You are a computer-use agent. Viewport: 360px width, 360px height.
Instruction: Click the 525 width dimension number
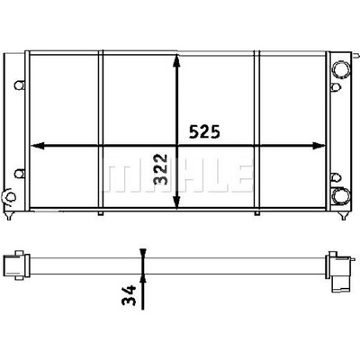(204, 131)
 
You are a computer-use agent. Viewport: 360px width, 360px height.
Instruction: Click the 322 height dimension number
(160, 169)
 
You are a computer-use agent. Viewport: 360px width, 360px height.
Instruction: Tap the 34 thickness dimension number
(129, 295)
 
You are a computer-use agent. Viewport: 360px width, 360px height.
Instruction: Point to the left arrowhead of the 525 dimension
(38, 146)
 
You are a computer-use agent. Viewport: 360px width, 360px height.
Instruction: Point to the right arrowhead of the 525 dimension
(319, 146)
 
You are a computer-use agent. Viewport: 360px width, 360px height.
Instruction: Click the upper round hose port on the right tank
(341, 69)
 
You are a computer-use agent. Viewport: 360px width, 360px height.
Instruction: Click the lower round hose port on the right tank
(341, 196)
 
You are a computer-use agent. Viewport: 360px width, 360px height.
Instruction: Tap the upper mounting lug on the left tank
(20, 85)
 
